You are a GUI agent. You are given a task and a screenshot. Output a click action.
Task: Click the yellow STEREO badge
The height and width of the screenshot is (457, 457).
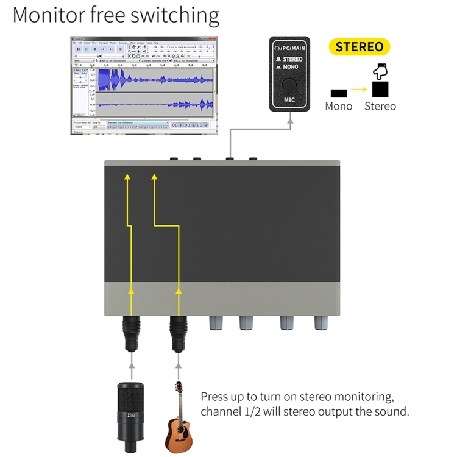[360, 47]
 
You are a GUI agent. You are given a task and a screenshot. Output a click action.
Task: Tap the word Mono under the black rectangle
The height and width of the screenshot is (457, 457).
[338, 107]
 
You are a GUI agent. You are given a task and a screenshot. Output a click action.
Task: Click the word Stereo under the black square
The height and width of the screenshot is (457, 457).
[380, 107]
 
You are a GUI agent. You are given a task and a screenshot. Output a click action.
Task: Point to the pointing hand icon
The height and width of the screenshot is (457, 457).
[380, 71]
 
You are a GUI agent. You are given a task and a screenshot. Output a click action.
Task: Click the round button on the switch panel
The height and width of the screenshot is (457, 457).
[290, 85]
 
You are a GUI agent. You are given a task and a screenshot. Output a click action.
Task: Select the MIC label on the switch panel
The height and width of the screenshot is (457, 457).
[290, 99]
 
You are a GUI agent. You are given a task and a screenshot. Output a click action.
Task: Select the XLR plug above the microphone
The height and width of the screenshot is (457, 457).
[132, 334]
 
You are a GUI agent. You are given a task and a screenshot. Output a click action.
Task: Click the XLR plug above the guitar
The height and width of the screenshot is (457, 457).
[178, 334]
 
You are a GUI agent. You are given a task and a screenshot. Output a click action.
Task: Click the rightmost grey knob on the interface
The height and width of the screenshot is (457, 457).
[321, 322]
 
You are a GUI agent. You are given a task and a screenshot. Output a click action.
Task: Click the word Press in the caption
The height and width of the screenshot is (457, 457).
[216, 397]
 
